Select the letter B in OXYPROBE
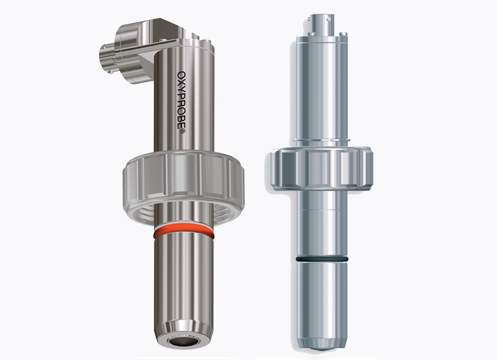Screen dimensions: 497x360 pyautogui.click(x=182, y=117)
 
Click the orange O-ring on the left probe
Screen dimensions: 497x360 pyautogui.click(x=183, y=233)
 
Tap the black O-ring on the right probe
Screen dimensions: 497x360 pyautogui.click(x=322, y=259)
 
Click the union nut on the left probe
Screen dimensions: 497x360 pyautogui.click(x=183, y=186)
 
